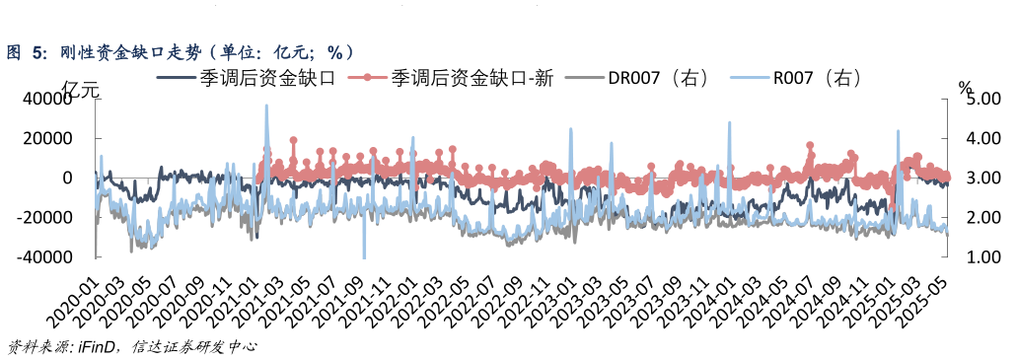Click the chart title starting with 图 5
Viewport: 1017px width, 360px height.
(178, 52)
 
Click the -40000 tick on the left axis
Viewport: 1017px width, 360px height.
(44, 256)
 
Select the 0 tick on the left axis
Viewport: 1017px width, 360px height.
(67, 178)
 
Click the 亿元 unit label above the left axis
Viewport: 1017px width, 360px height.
(81, 90)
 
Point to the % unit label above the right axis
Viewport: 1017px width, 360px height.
(965, 89)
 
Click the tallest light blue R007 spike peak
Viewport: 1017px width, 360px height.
(266, 106)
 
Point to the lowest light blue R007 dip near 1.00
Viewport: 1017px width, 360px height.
(363, 256)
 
